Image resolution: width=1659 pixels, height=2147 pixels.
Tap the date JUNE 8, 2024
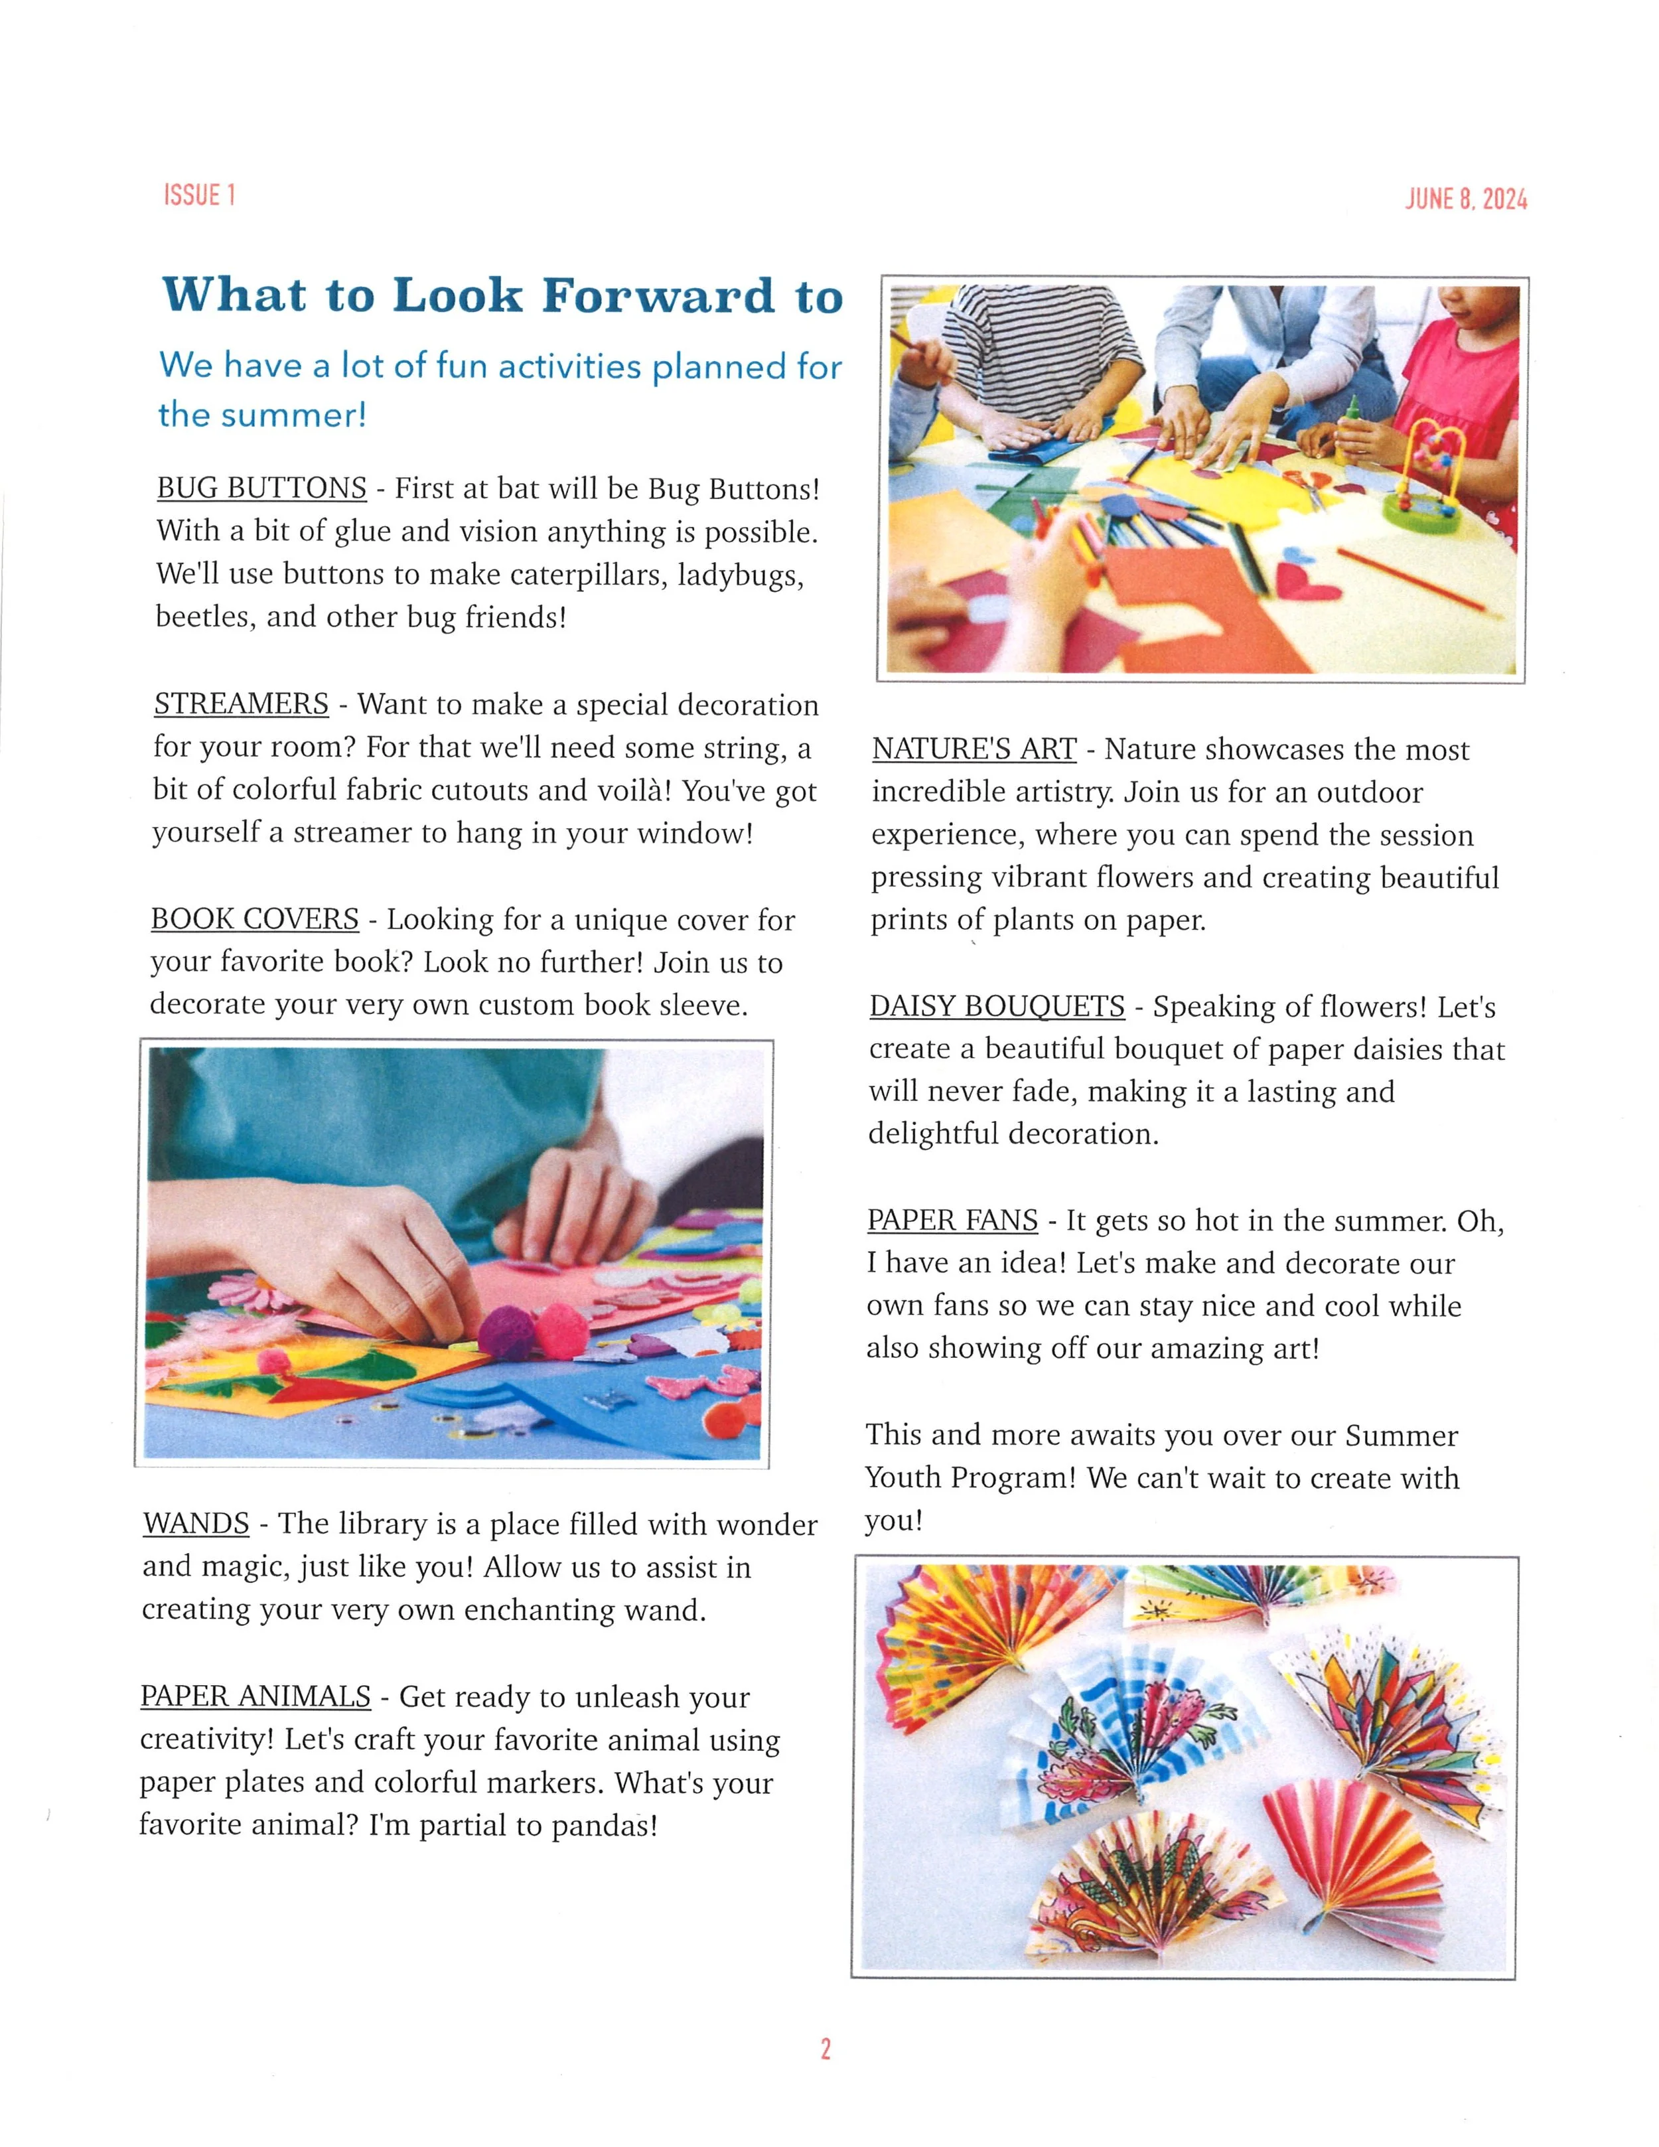coord(1465,198)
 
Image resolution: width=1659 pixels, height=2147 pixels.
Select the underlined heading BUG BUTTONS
coord(261,488)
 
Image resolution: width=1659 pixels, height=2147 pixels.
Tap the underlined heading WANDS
coord(196,1522)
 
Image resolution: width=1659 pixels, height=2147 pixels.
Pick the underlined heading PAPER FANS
coord(952,1220)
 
